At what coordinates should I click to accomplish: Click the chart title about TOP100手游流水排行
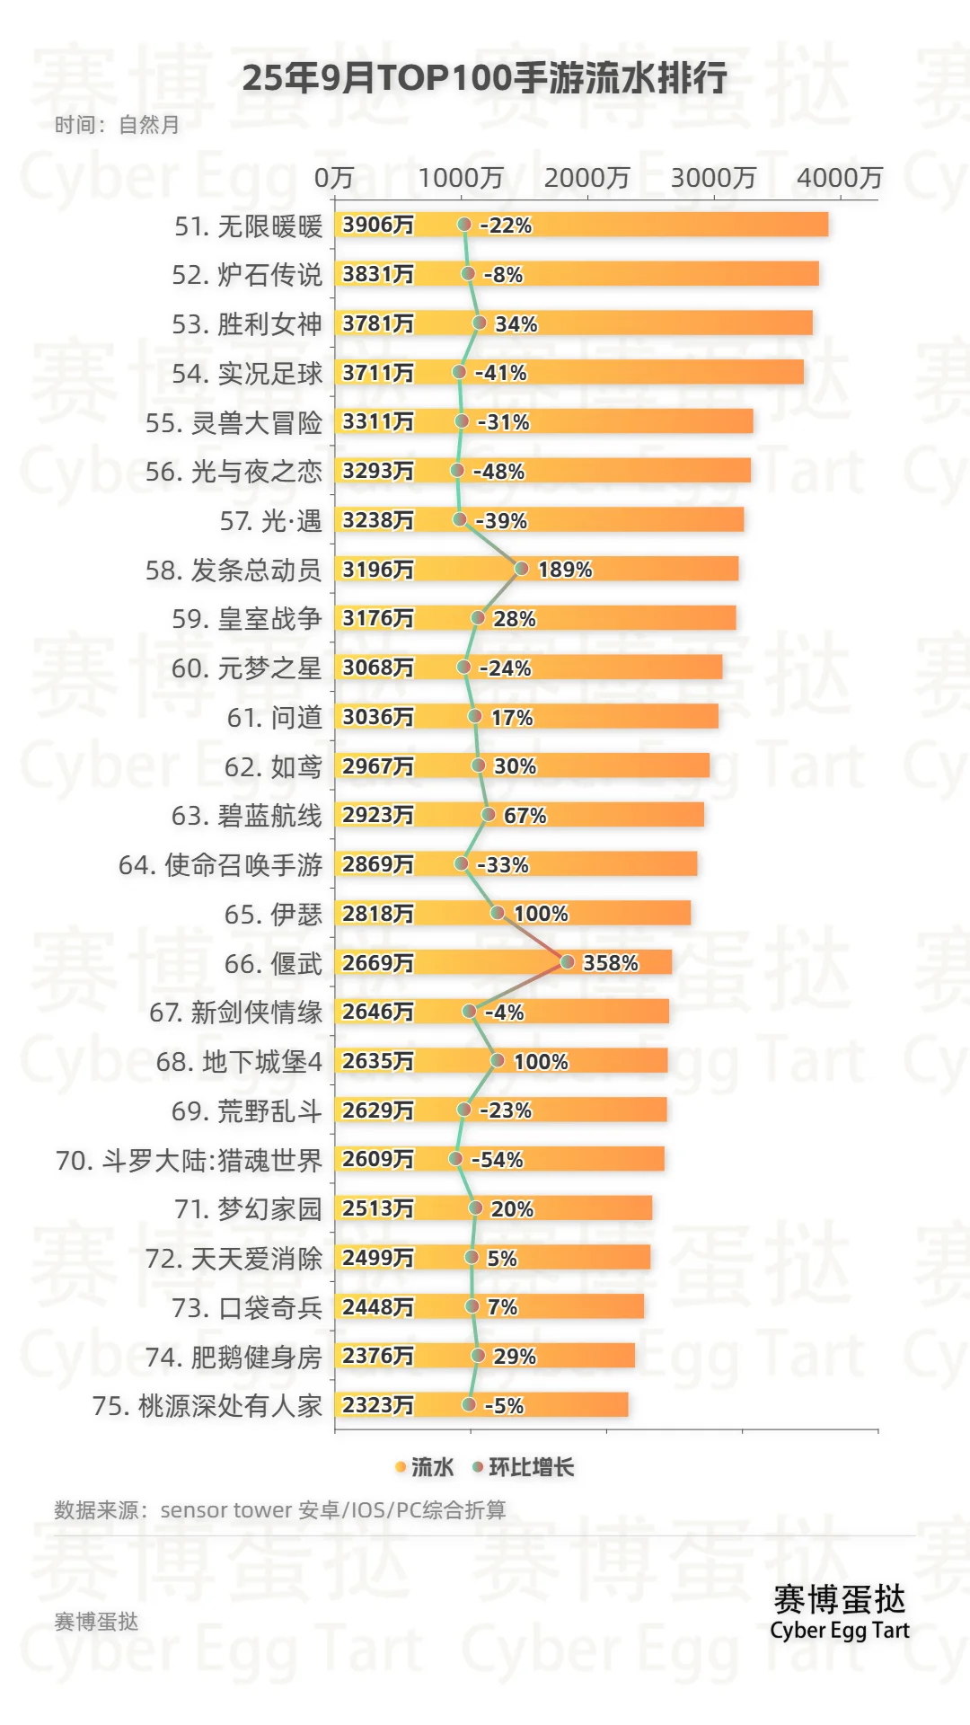(x=484, y=79)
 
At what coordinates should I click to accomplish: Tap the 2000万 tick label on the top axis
(x=586, y=178)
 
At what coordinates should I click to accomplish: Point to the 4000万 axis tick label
(x=840, y=178)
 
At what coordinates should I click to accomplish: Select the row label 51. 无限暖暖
(x=248, y=226)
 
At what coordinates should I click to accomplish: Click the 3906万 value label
(x=378, y=225)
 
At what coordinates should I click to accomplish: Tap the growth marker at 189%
(x=521, y=568)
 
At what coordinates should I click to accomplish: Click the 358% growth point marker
(x=568, y=962)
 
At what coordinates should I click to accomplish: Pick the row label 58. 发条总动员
(x=234, y=571)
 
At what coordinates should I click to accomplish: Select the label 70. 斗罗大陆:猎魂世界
(x=189, y=1161)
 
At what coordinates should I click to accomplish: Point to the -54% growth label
(x=497, y=1160)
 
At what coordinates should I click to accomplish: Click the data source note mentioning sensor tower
(x=280, y=1510)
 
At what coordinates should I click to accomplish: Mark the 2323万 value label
(x=378, y=1405)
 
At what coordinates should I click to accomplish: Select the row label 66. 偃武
(x=273, y=964)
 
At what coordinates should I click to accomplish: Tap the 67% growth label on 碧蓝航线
(x=525, y=816)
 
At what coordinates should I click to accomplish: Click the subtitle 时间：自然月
(x=117, y=125)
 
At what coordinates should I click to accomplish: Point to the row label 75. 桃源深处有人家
(x=207, y=1406)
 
